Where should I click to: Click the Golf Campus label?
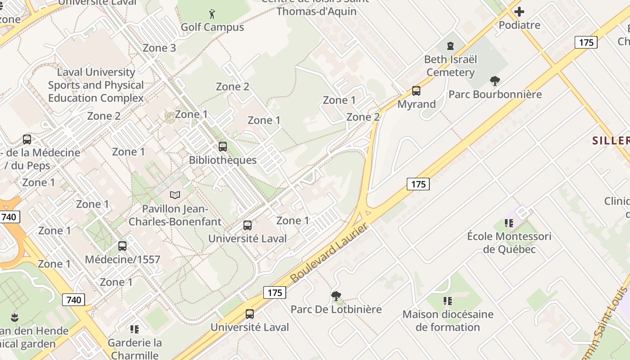pos(212,27)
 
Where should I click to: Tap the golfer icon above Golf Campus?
pos(212,14)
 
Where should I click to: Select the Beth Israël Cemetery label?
pos(450,66)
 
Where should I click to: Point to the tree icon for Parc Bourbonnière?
pos(495,81)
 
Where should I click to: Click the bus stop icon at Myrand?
pos(416,91)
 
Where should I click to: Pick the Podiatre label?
pos(519,25)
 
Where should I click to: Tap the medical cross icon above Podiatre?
pos(519,12)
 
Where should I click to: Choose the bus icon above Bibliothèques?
pos(223,146)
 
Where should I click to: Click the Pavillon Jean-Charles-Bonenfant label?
pos(175,216)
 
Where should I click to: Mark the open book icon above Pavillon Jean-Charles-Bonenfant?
pos(175,195)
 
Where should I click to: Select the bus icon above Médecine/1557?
pos(122,246)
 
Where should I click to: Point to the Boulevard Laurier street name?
pos(329,253)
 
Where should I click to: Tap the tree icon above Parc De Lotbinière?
pos(336,296)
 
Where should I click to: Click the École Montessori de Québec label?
pos(509,243)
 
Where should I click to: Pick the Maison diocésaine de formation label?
pos(448,320)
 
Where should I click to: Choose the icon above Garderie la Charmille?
pos(134,329)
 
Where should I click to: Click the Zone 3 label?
pos(159,48)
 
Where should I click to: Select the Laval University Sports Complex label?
pos(96,85)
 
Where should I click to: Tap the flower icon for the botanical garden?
pos(14,317)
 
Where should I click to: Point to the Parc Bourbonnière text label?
pos(495,94)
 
